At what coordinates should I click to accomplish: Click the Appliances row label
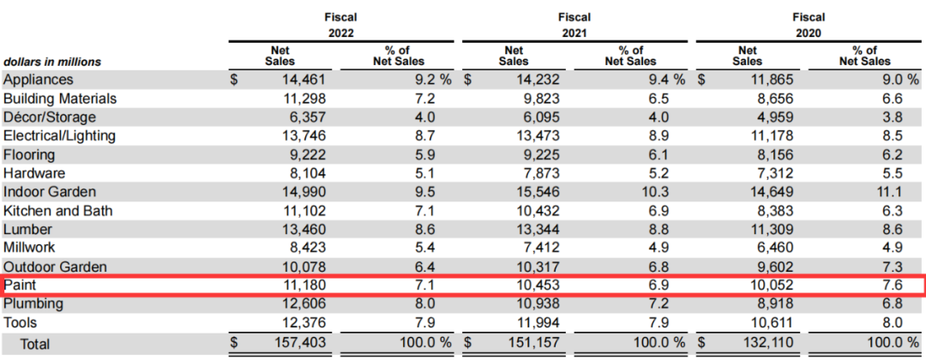(39, 80)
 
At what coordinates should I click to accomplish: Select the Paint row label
(21, 285)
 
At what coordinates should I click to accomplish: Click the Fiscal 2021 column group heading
(578, 24)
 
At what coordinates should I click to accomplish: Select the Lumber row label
(29, 230)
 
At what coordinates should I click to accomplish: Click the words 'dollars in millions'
(53, 62)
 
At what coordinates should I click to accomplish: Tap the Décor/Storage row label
(50, 117)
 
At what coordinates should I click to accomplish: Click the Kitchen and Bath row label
(57, 211)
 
